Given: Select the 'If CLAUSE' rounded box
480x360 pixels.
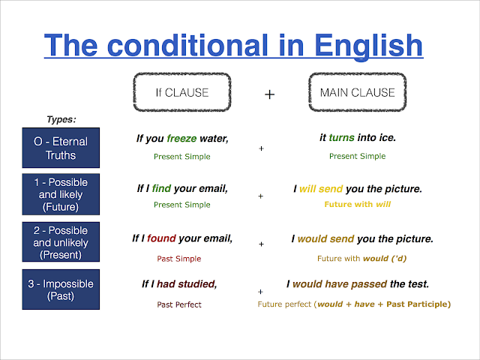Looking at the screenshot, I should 181,94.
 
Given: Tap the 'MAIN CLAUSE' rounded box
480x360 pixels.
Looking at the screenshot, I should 357,94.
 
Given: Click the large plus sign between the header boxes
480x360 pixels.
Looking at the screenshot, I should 270,94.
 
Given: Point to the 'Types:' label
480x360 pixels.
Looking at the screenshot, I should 61,119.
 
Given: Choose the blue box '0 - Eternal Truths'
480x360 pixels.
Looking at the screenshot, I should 59,147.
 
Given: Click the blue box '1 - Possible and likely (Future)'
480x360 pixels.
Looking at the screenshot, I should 59,194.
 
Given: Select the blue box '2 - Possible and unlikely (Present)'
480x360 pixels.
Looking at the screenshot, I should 59,242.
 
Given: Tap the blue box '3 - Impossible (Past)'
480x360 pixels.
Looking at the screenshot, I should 59,290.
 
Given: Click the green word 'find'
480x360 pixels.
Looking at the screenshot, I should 161,189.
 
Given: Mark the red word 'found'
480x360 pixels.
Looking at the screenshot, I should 161,238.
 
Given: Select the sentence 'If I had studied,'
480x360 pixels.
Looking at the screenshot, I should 179,284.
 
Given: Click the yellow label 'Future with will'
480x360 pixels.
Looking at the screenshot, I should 357,204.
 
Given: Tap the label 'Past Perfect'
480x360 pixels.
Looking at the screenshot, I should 179,304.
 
